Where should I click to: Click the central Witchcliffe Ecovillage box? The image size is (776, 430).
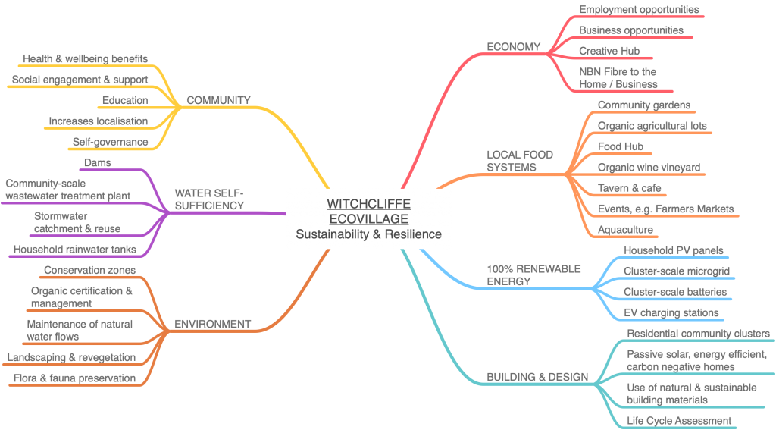coord(368,218)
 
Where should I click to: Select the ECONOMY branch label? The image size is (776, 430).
coord(513,47)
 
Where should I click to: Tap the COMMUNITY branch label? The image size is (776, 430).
coord(218,100)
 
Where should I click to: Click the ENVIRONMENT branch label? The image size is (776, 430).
coord(212,324)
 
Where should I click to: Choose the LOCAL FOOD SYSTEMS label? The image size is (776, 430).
coord(519,160)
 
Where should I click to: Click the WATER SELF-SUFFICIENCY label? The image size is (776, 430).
coord(209,199)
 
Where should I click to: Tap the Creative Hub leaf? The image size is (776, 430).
coord(609,51)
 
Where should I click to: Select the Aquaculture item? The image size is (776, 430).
coord(625,229)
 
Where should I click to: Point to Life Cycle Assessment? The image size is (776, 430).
coord(679,420)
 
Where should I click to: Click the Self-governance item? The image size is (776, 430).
coord(110,142)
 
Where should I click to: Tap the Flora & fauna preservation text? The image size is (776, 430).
coord(74,378)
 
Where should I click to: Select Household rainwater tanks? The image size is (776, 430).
coord(74,249)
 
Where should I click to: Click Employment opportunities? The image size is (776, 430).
coord(639,10)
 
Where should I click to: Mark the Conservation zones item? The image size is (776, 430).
coord(89,270)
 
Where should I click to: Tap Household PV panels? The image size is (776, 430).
coord(673,250)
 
